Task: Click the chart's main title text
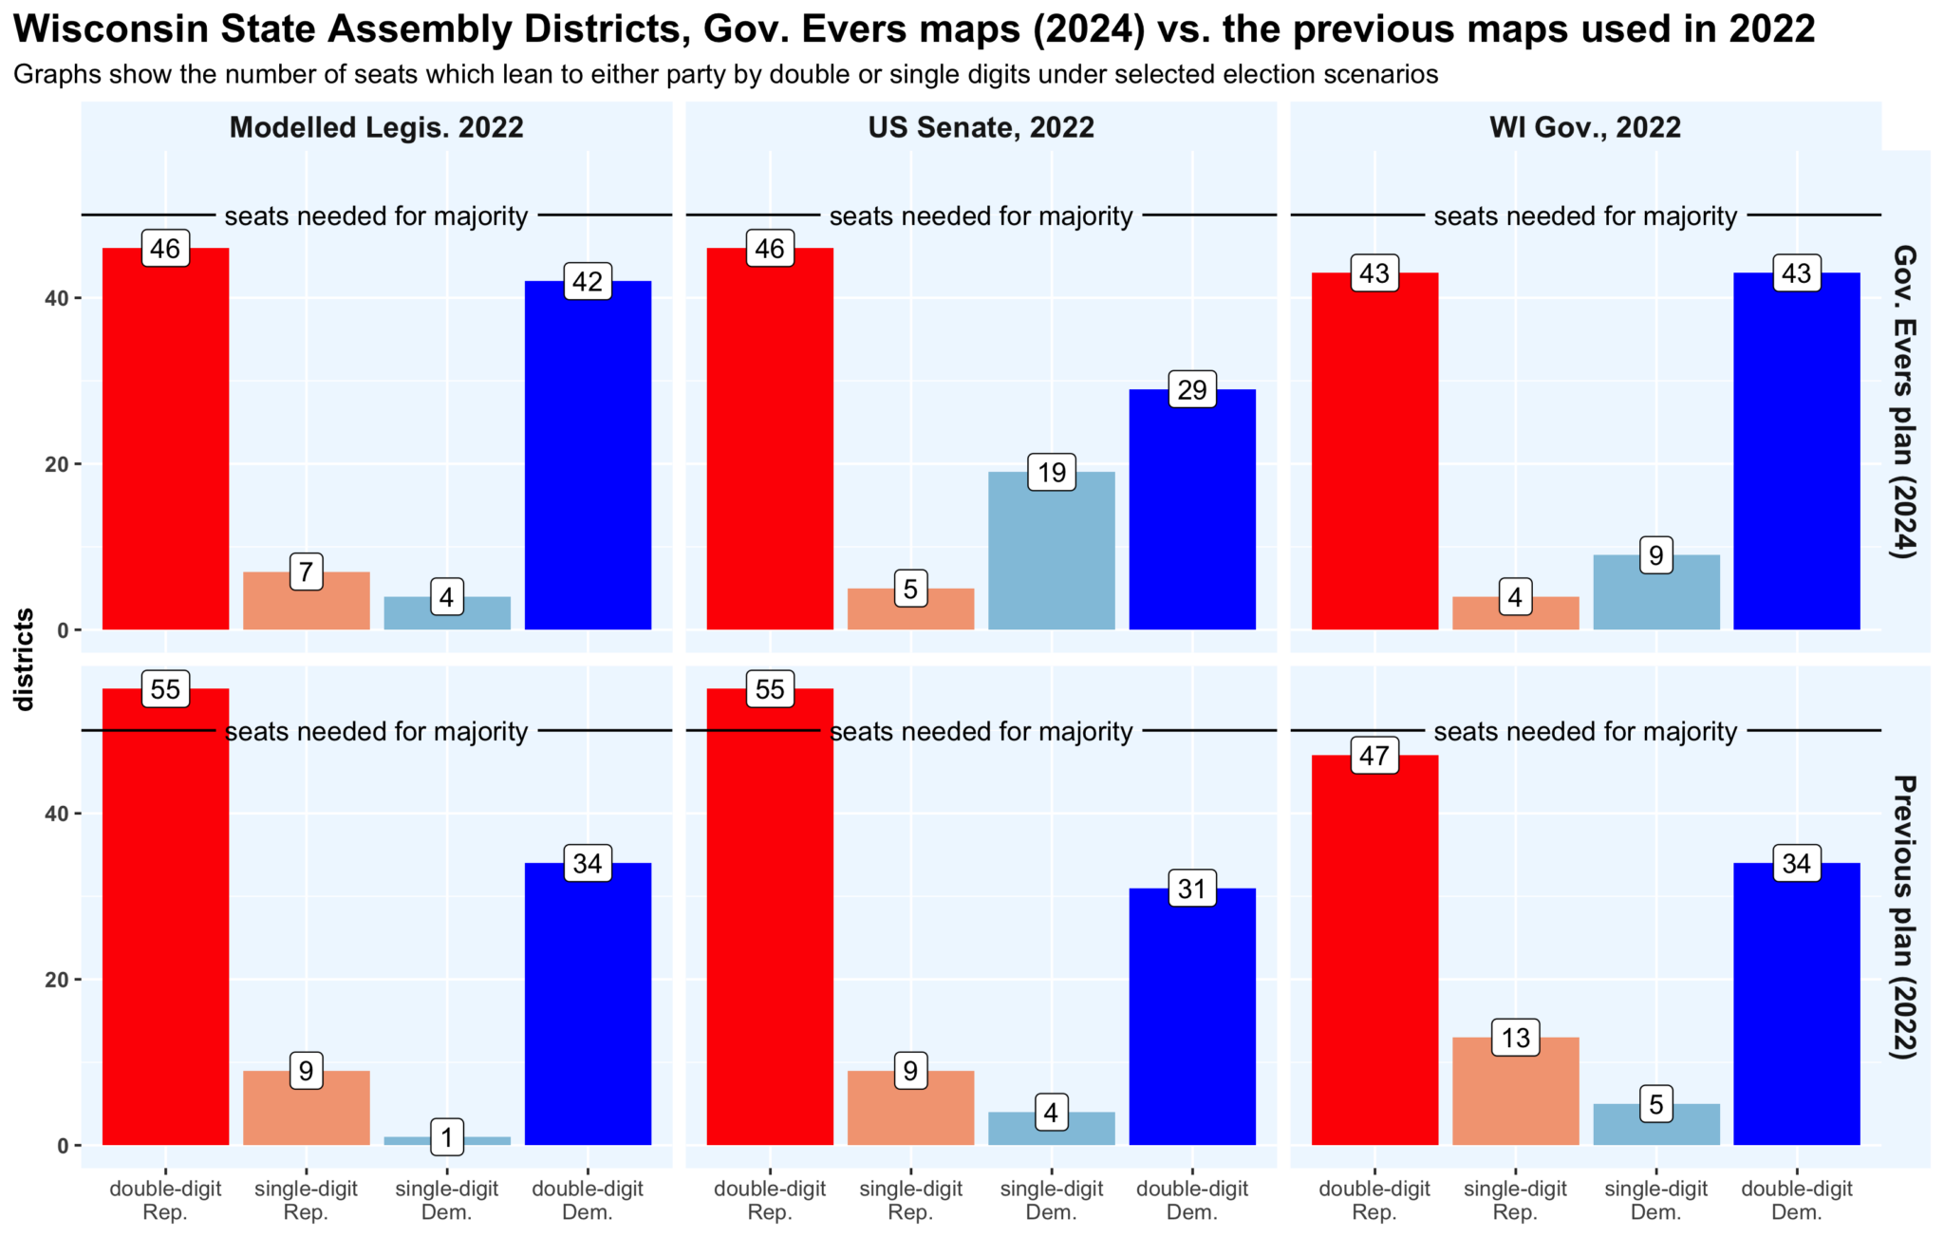coord(913,29)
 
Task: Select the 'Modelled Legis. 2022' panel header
coord(376,127)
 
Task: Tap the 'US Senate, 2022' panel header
coord(981,127)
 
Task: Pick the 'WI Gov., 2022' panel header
coord(1585,127)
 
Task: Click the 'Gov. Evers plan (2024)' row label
coord(1904,401)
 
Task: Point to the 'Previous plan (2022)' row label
coord(1904,916)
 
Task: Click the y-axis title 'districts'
coord(25,660)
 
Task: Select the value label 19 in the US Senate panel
coord(1051,473)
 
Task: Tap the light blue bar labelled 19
coord(1051,560)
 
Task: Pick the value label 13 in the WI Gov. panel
coord(1515,1038)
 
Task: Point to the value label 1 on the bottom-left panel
coord(446,1136)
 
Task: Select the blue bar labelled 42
coord(588,465)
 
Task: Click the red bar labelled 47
coord(1374,959)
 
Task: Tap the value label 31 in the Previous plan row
coord(1191,889)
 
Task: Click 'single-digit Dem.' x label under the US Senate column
coord(1051,1200)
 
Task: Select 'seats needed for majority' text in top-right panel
coord(1585,216)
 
